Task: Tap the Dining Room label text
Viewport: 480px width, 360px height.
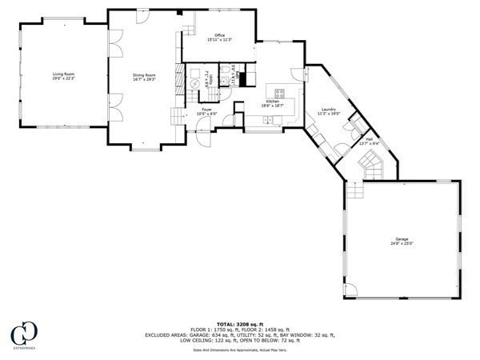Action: click(144, 74)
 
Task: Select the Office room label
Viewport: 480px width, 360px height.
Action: click(218, 34)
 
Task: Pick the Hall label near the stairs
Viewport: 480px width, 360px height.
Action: click(370, 139)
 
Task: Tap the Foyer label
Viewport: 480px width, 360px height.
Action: click(206, 109)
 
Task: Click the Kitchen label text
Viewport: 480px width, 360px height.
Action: click(273, 102)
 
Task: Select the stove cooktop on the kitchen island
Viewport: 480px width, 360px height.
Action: click(282, 90)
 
